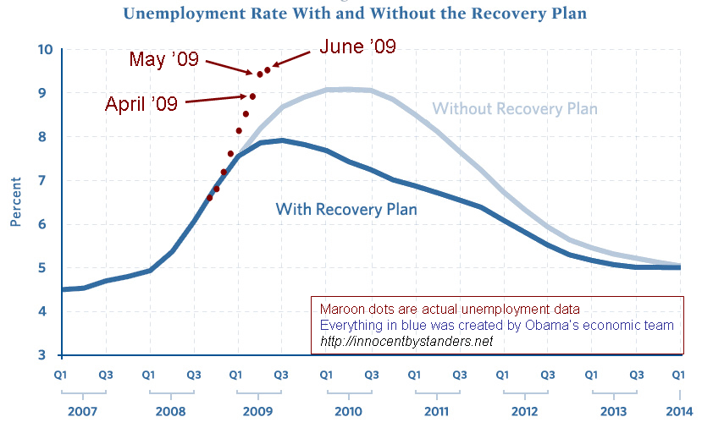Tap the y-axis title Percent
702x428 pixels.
[15, 202]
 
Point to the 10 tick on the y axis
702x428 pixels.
[45, 49]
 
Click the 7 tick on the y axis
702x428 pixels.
[48, 180]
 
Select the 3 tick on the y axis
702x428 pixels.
[48, 355]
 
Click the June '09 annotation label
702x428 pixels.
[356, 46]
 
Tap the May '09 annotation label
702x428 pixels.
[163, 59]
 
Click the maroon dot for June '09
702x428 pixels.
[268, 69]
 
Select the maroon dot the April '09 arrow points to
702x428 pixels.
[252, 96]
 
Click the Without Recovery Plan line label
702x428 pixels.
[515, 109]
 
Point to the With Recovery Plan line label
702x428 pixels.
[346, 209]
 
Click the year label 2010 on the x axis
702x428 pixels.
[348, 411]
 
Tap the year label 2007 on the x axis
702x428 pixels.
[82, 411]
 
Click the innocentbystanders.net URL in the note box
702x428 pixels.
[406, 341]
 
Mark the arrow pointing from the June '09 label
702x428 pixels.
[290, 58]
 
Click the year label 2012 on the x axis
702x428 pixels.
[525, 411]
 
